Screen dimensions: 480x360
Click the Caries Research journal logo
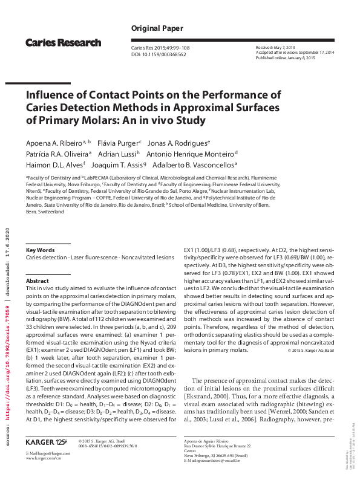point(63,42)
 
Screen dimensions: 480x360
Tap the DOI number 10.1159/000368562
point(165,54)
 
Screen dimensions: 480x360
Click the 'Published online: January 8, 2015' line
point(286,57)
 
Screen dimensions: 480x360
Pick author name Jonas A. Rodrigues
point(178,143)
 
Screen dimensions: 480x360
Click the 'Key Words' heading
point(41,250)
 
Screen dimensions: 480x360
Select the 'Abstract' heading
point(38,281)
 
